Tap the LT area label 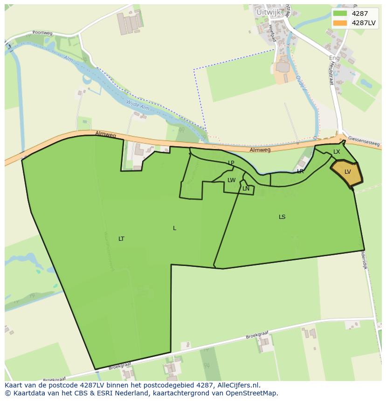(x=121, y=239)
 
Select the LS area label (x=282, y=217)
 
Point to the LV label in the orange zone (x=348, y=172)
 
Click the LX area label (x=337, y=152)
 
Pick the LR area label (x=301, y=171)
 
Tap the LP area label (x=231, y=163)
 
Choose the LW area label (x=232, y=180)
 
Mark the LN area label (x=246, y=189)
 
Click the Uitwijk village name (x=268, y=11)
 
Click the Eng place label (x=334, y=58)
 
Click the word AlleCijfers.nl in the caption (x=238, y=386)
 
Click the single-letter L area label (x=174, y=228)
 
